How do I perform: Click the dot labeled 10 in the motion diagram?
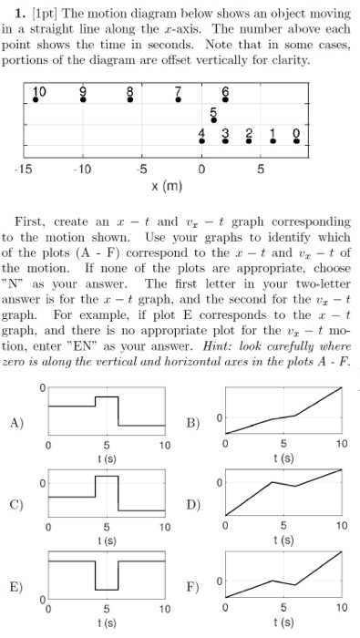tap(36, 100)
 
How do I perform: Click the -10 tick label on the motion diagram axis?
tap(82, 169)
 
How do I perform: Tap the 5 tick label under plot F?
tap(284, 605)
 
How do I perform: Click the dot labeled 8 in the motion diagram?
tap(129, 100)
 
